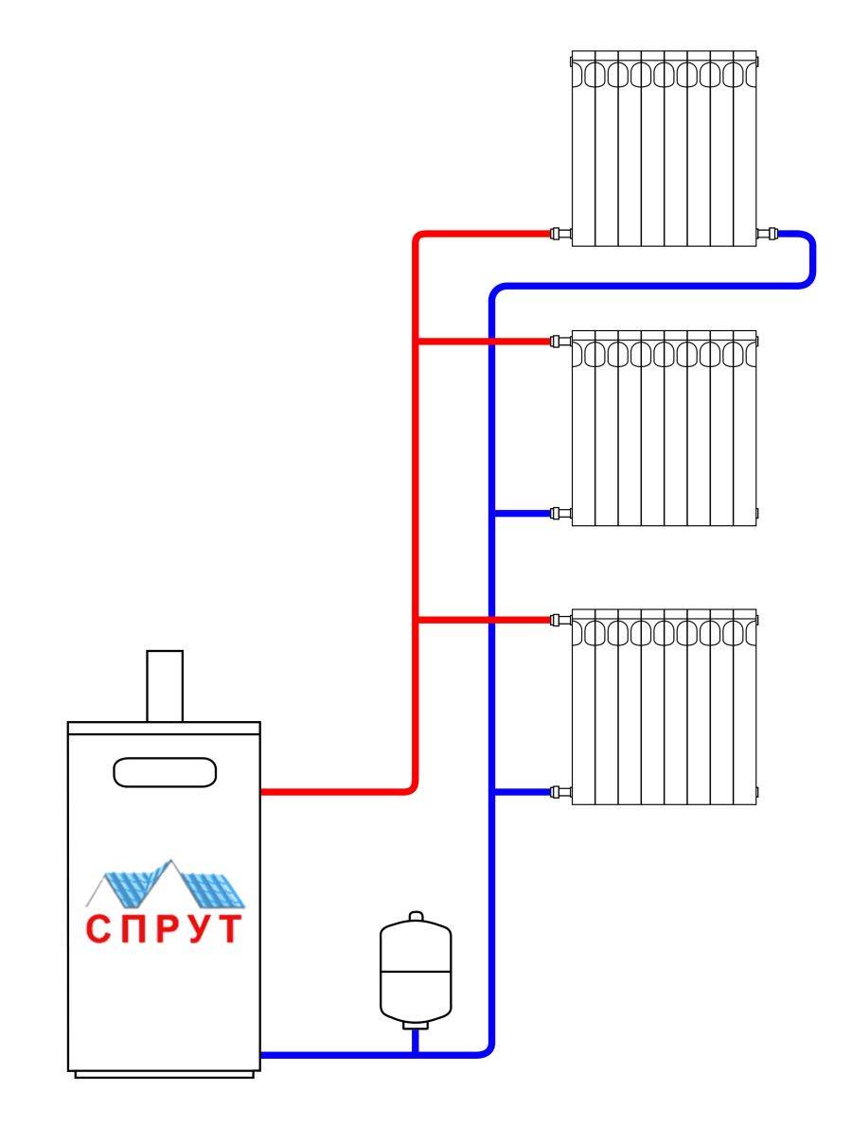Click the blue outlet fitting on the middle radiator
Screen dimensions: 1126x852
(x=559, y=514)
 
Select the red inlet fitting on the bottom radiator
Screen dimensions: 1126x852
(x=559, y=621)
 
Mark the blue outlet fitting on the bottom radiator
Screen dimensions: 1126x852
(x=559, y=791)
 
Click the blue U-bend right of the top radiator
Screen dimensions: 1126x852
(x=810, y=258)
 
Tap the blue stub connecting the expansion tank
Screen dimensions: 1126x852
(x=415, y=1040)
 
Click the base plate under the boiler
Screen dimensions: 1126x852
(x=164, y=1074)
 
